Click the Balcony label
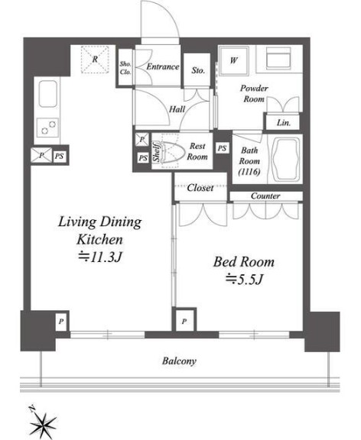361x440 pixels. [x=179, y=361]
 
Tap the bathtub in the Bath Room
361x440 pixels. [x=285, y=160]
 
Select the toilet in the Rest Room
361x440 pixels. [x=173, y=152]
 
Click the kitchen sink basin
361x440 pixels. [x=48, y=94]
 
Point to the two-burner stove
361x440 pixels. [x=47, y=127]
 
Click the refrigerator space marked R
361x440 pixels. [x=95, y=60]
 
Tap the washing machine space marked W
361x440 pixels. [x=234, y=60]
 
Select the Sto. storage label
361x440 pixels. [x=198, y=70]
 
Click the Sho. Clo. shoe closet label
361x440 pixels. [x=125, y=68]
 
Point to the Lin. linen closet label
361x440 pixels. [x=284, y=123]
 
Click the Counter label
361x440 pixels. [x=265, y=196]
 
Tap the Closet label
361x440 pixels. [x=200, y=188]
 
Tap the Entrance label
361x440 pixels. [x=163, y=66]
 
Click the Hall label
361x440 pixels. [x=177, y=109]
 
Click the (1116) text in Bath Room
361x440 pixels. [x=249, y=172]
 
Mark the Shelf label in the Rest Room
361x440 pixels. [x=157, y=152]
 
